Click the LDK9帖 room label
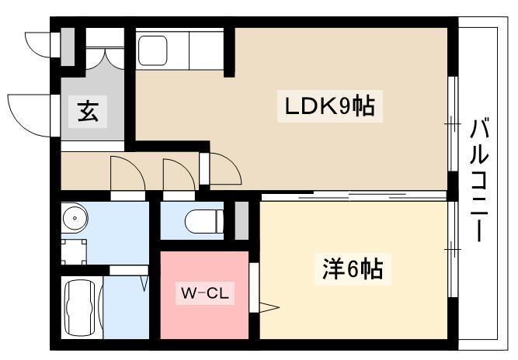coord(330,106)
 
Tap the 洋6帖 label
coord(353,268)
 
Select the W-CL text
coord(205,293)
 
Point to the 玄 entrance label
coord(88,111)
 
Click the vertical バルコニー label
coord(479,180)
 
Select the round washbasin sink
coord(75,218)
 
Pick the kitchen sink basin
coord(152,50)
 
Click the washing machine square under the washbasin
coord(75,252)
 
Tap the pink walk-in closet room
coord(204,295)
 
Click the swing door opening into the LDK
coord(225,168)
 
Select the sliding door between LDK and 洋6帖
coord(353,196)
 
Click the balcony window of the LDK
coord(453,123)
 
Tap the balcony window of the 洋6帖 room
coord(453,249)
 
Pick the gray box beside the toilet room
coord(242,220)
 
